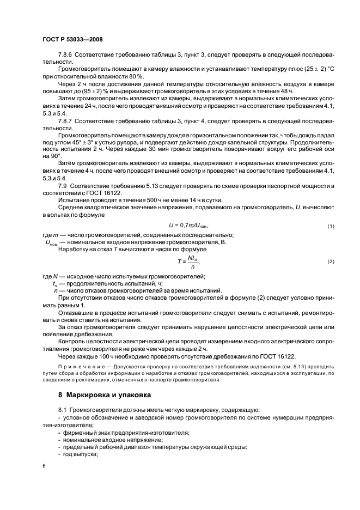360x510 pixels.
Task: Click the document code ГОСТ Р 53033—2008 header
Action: tap(72, 39)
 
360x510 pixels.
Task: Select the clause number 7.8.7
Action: tap(66, 119)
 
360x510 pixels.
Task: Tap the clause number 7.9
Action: tap(63, 186)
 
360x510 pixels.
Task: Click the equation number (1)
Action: tap(331, 227)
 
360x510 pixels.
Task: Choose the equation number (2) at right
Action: tap(331, 262)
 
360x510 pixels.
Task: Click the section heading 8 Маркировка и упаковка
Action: tap(105, 393)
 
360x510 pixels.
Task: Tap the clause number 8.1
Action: tap(63, 409)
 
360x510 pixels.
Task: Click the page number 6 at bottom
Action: tap(44, 466)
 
